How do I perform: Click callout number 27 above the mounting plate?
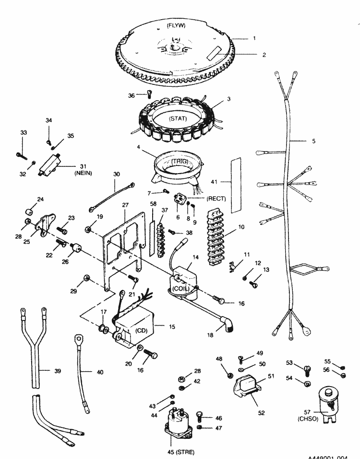125,205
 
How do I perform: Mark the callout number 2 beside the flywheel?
264,55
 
